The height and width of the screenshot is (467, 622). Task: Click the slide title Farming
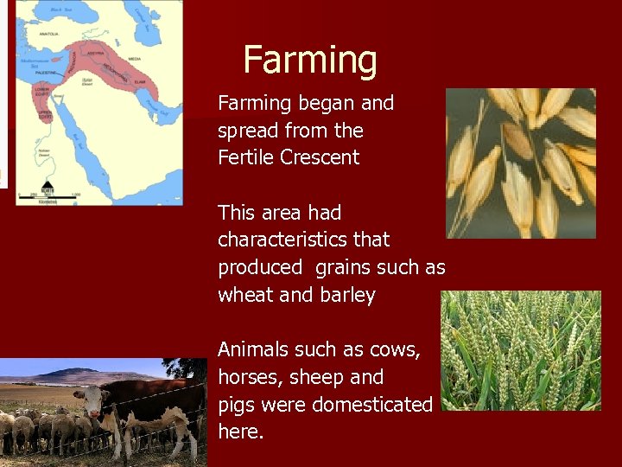(x=310, y=61)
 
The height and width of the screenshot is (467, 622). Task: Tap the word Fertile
(x=246, y=157)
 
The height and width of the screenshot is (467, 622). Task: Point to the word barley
(x=345, y=295)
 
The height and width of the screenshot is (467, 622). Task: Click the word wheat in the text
(x=245, y=295)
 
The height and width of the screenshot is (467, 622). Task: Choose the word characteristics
(x=303, y=240)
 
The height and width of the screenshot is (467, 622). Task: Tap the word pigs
(x=235, y=405)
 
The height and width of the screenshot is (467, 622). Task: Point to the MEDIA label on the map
(x=135, y=59)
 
